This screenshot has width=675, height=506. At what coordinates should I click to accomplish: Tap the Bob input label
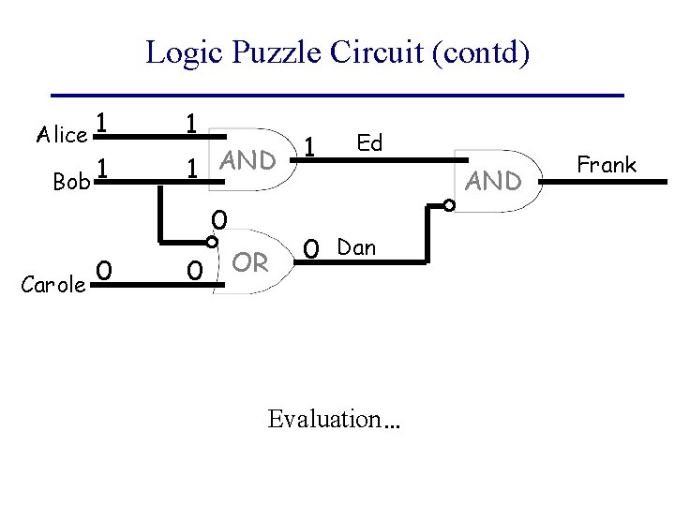(x=71, y=182)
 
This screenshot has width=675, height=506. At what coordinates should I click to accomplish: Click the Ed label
(x=370, y=143)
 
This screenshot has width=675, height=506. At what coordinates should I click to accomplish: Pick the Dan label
(x=356, y=248)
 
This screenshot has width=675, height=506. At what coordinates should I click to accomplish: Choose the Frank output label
(x=607, y=166)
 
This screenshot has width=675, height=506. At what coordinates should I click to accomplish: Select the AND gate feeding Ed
(x=247, y=160)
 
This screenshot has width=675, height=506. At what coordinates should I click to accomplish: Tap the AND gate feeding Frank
(x=494, y=181)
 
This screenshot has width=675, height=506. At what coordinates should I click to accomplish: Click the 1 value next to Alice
(x=105, y=124)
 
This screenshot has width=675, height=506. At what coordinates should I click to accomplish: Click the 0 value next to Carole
(x=106, y=271)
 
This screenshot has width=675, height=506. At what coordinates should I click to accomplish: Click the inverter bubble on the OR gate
(x=214, y=240)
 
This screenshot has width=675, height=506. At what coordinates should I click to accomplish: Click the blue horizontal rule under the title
(x=337, y=95)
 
